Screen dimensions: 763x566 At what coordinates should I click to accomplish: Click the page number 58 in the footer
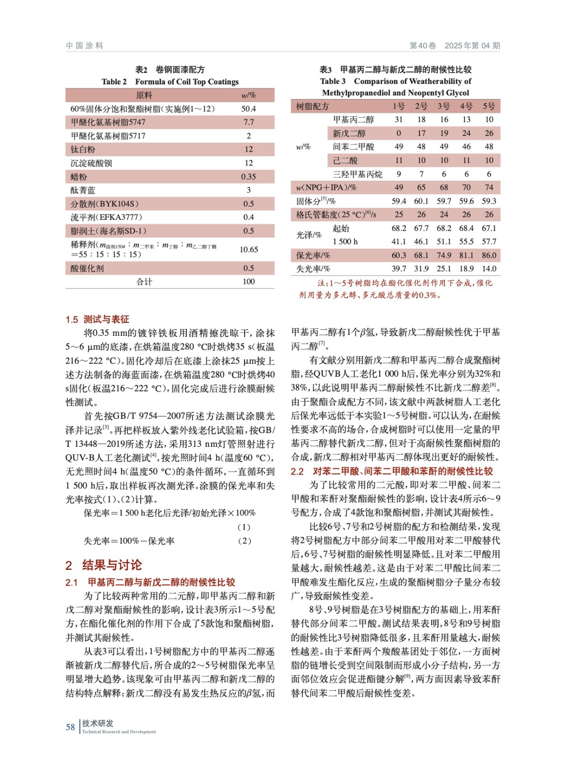tap(70, 727)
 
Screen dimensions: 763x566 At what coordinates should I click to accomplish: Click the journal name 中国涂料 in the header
tap(84, 46)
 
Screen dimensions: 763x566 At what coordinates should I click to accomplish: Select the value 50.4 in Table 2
tap(248, 109)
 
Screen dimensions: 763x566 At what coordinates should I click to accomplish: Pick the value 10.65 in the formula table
tap(248, 249)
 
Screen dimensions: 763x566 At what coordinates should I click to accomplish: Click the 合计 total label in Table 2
tap(144, 281)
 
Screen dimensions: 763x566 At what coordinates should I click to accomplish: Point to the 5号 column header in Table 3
tap(489, 106)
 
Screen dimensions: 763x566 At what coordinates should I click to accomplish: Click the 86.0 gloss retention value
tap(489, 255)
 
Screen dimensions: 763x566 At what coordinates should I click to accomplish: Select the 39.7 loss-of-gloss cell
tap(399, 268)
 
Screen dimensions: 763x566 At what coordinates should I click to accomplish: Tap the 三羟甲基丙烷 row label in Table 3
tap(358, 174)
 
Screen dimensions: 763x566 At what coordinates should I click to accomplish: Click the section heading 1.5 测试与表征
tap(97, 319)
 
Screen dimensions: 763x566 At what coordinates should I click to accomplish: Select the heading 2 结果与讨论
tap(103, 565)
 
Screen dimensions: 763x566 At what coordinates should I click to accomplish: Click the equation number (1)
tap(244, 527)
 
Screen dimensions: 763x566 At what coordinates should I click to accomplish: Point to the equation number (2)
tap(244, 541)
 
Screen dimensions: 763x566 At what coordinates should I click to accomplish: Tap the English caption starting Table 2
tap(170, 82)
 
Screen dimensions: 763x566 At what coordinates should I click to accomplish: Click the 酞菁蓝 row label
tap(83, 190)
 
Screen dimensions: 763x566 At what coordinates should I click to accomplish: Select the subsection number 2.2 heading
tap(297, 471)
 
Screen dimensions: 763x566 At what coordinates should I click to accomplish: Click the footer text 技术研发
tap(98, 723)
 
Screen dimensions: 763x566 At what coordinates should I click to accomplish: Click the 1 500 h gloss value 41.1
tap(399, 242)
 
